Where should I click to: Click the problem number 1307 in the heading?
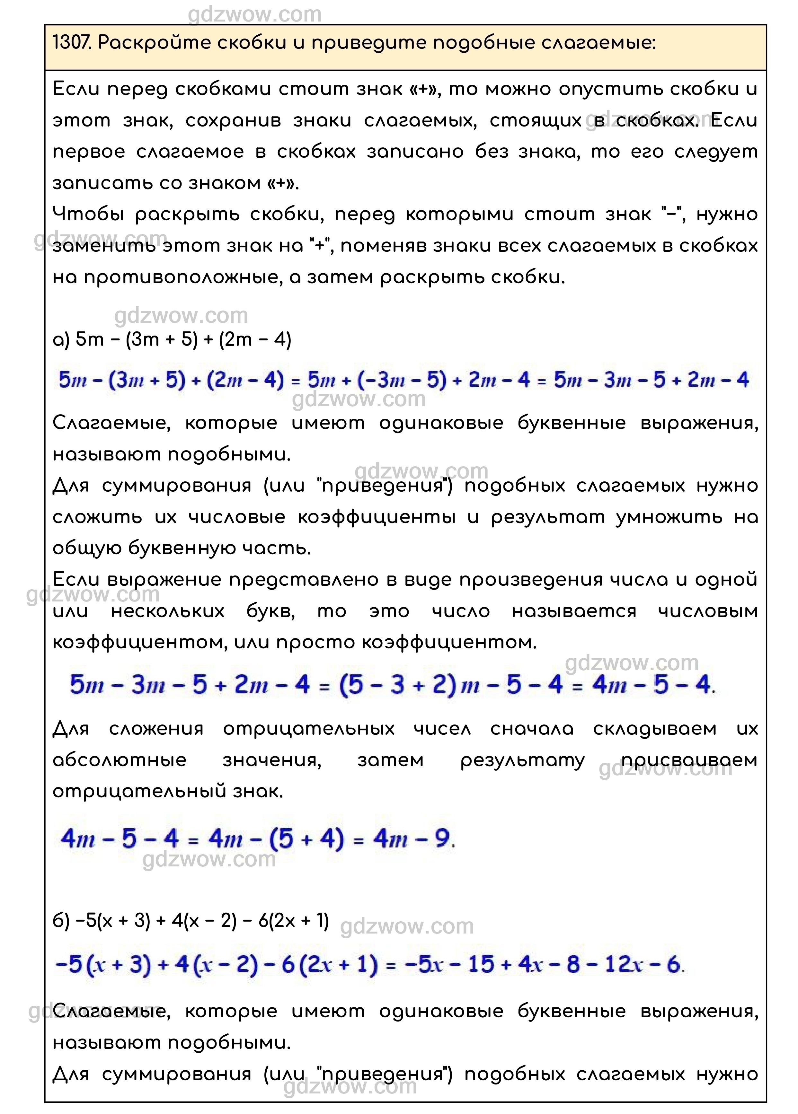click(70, 44)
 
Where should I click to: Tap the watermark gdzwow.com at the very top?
click(254, 15)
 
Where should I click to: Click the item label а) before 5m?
click(61, 340)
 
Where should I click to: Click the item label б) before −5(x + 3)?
click(61, 920)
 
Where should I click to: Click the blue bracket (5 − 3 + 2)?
click(398, 685)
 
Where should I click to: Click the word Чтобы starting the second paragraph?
click(87, 215)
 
